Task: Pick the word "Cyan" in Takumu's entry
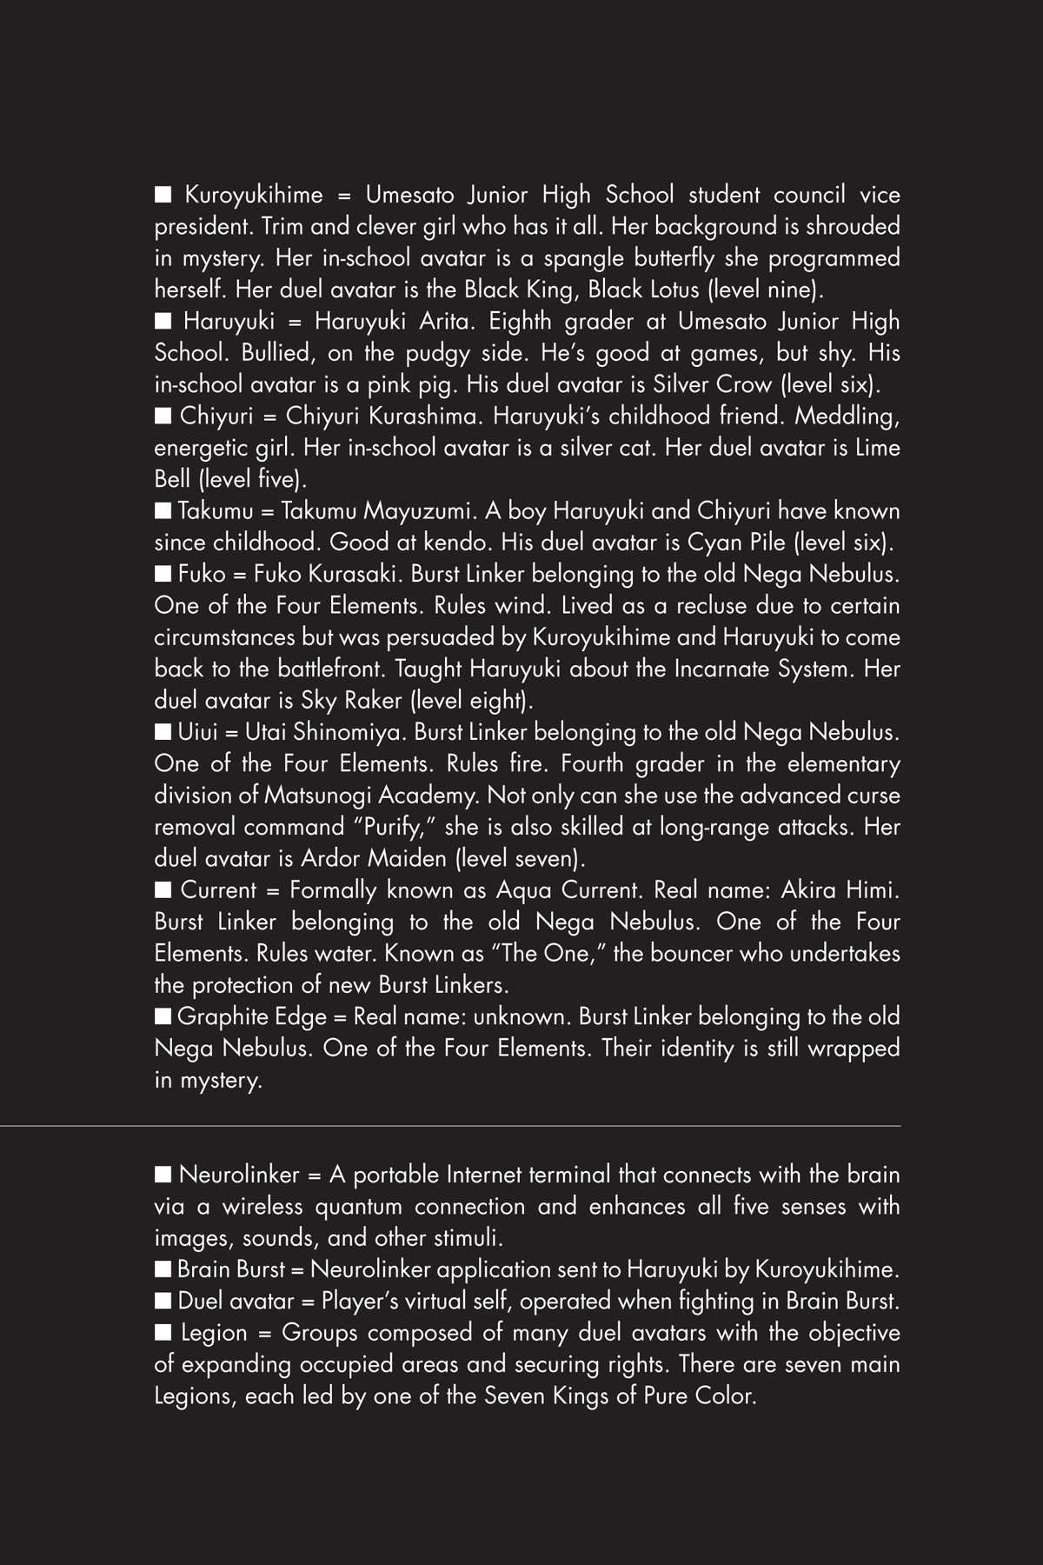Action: [714, 543]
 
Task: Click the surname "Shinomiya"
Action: [343, 732]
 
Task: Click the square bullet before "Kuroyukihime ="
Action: [163, 195]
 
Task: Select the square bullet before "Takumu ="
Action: [163, 510]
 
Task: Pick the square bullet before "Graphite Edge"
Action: [163, 1016]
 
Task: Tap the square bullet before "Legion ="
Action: [163, 1333]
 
